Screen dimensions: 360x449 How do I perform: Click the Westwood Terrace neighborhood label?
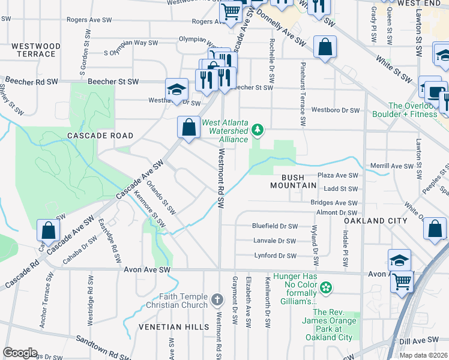pyautogui.click(x=36, y=50)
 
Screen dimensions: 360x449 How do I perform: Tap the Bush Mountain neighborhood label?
pyautogui.click(x=298, y=181)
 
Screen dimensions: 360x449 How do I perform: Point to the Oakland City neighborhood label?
pyautogui.click(x=371, y=221)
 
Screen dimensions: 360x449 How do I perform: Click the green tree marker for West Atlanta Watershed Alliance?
pyautogui.click(x=258, y=129)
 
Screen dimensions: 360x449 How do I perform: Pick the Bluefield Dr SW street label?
pyautogui.click(x=275, y=226)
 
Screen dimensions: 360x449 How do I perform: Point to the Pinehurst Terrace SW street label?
pyautogui.click(x=303, y=94)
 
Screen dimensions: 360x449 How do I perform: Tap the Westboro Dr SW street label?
pyautogui.click(x=336, y=110)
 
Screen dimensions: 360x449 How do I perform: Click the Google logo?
pyautogui.click(x=20, y=353)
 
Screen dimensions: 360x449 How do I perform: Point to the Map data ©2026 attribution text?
pyautogui.click(x=423, y=355)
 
